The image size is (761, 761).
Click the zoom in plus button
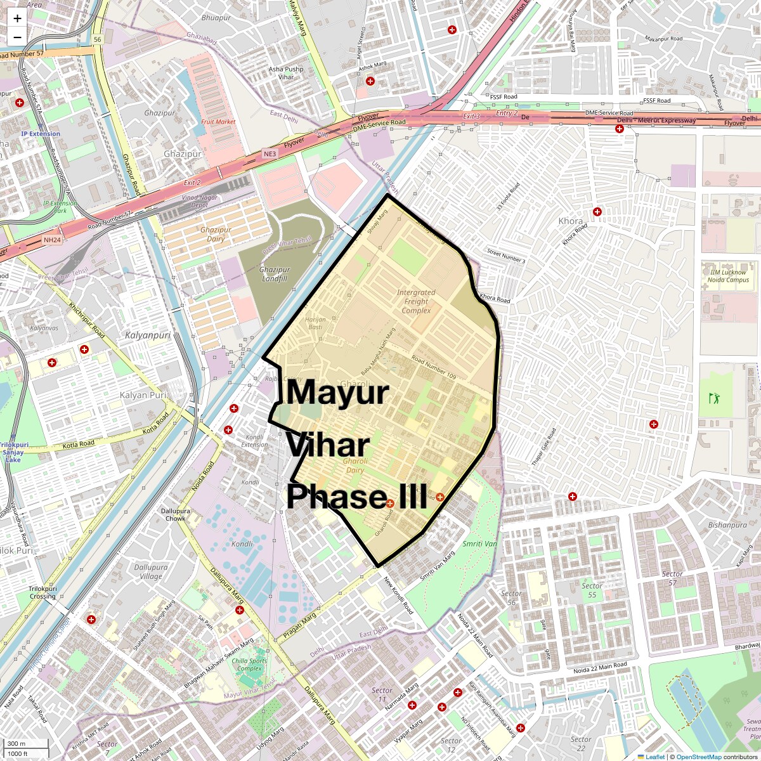click(x=17, y=18)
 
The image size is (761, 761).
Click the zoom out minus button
click(x=17, y=37)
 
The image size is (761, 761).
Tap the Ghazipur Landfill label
click(x=275, y=274)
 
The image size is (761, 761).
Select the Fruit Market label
click(x=218, y=121)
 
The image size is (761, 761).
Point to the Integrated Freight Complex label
click(x=416, y=302)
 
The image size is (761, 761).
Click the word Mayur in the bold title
click(x=337, y=393)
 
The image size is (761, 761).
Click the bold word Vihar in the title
click(x=328, y=445)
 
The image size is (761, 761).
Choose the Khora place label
click(x=570, y=221)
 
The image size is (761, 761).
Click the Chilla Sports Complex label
click(x=249, y=665)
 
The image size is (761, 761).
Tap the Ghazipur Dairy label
click(x=216, y=235)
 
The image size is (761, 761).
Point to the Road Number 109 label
click(x=433, y=368)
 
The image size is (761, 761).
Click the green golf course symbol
click(x=715, y=399)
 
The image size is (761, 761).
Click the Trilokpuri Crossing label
click(x=42, y=592)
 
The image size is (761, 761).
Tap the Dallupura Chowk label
click(x=173, y=514)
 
